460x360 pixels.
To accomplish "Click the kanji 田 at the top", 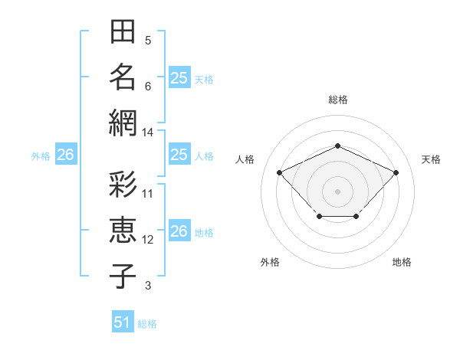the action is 123,31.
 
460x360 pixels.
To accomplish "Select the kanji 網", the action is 123,123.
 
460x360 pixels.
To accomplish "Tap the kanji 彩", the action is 123,184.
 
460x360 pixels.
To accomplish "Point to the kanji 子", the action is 123,277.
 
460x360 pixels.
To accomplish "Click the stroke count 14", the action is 147,133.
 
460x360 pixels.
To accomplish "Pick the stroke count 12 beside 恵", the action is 147,240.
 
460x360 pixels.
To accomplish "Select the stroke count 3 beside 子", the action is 148,286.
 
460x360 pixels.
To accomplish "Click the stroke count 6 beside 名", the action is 148,87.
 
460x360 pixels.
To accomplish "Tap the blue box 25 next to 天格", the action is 179,77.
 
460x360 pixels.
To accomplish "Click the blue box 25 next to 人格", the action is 179,154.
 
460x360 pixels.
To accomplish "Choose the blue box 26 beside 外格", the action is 66,154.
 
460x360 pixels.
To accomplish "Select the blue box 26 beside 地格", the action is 179,230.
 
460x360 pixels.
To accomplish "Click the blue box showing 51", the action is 123,321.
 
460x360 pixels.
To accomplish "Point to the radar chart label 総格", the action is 338,100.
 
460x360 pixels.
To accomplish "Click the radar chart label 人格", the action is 245,159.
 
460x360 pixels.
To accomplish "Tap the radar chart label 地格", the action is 402,262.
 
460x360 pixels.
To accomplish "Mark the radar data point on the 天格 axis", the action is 396,172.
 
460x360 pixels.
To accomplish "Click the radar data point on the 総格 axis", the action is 338,146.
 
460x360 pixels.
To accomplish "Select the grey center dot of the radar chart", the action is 337,191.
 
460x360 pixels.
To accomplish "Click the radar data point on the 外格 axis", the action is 320,217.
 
